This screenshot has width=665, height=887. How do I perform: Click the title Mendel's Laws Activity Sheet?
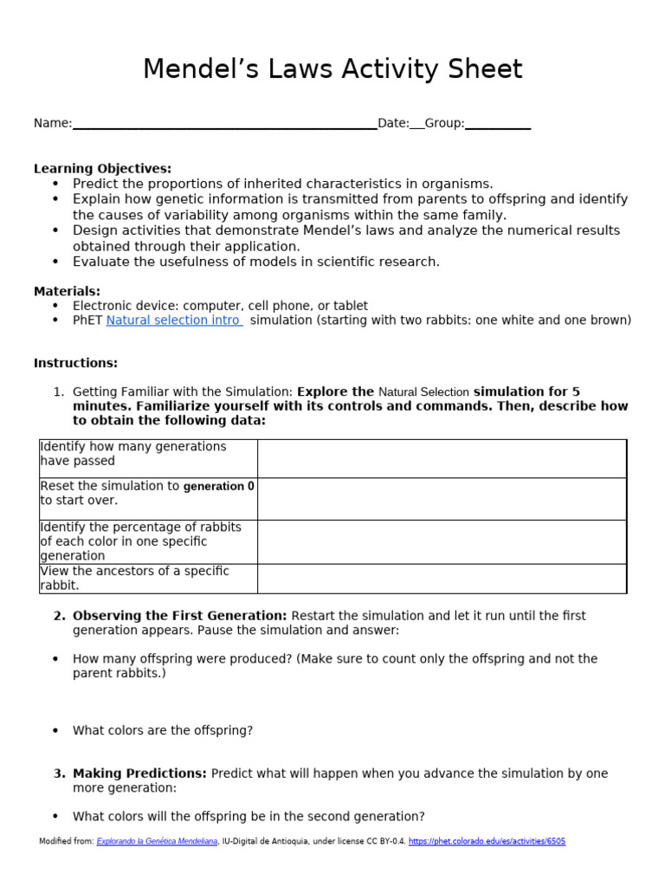pos(332,68)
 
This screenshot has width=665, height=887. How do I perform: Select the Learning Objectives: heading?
pos(102,168)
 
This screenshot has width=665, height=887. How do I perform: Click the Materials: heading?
pos(67,291)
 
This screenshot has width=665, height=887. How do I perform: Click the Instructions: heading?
pos(75,363)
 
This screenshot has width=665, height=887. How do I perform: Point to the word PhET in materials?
pos(87,320)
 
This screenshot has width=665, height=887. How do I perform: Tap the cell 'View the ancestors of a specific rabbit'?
pos(148,579)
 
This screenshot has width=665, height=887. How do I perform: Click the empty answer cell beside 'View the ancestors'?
pos(442,579)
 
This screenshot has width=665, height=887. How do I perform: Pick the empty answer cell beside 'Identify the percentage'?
pos(442,541)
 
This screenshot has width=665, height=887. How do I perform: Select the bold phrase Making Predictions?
pos(139,774)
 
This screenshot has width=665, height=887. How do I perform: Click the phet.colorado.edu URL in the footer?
pos(487,841)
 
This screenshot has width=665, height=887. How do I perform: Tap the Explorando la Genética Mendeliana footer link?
pos(157,841)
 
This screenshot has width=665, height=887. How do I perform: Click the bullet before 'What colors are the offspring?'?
pos(55,730)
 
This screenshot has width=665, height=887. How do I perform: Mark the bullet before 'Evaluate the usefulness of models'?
pos(55,262)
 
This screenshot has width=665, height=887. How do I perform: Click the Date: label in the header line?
pos(392,124)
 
